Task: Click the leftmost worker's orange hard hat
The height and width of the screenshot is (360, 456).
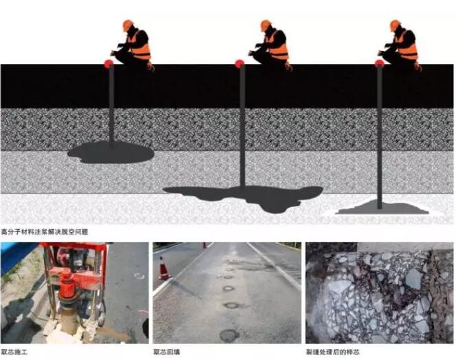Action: [x=127, y=25]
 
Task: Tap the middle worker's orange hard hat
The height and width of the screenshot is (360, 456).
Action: [x=265, y=25]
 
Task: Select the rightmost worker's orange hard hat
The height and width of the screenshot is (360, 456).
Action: [x=395, y=25]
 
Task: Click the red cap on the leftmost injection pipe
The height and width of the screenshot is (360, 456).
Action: [x=109, y=64]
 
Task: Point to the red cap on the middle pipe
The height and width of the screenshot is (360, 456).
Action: [x=239, y=64]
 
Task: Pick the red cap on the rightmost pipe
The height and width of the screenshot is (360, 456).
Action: [x=379, y=64]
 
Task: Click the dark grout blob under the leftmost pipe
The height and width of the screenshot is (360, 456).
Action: [x=111, y=153]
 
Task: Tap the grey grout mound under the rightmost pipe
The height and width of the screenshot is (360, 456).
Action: [x=382, y=207]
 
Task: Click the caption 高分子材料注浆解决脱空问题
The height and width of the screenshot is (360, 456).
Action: [x=45, y=232]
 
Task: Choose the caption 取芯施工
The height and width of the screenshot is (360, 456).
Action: [x=14, y=352]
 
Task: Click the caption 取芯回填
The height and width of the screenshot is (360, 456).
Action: [x=166, y=352]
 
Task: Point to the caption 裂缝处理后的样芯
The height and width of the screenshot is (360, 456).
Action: [x=333, y=352]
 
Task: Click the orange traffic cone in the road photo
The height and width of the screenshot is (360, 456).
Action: [x=164, y=268]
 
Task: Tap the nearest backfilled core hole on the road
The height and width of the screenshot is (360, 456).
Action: [x=229, y=335]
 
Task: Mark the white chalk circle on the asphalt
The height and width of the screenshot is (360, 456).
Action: [x=139, y=275]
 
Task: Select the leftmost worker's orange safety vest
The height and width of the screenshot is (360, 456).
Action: [x=140, y=47]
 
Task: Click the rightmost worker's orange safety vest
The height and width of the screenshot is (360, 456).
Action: [x=408, y=47]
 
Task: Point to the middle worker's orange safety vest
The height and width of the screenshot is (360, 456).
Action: [x=279, y=47]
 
